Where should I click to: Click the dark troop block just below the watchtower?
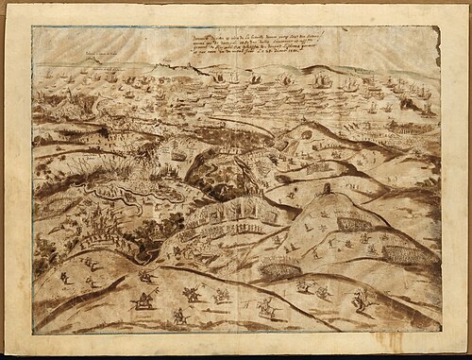click(353, 224)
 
